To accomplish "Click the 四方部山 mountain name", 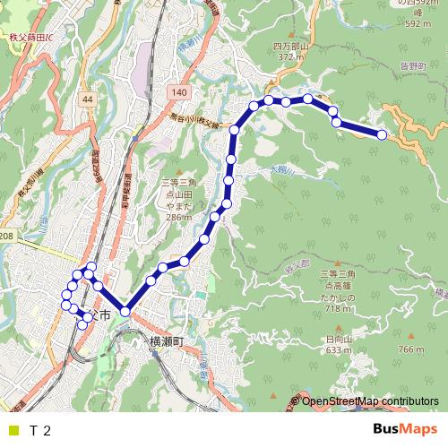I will tap(290, 46).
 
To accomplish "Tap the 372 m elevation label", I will tap(291, 56).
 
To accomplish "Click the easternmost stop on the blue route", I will tap(382, 134).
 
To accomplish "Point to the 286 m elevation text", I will tap(179, 216).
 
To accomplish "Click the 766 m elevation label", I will tap(409, 349).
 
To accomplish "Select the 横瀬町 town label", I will tap(167, 342).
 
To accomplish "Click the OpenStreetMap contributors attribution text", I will tap(369, 401).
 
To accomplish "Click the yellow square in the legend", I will tap(13, 430).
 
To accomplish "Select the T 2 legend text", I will tap(40, 430).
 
